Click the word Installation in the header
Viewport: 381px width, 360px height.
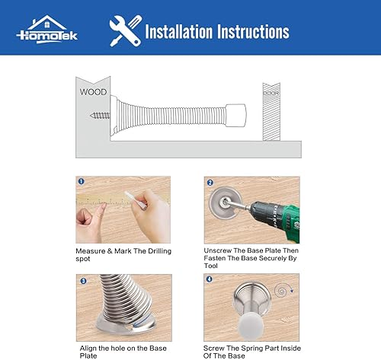point(182,31)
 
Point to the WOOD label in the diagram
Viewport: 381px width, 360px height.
point(93,93)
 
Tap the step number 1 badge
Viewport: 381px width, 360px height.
point(80,182)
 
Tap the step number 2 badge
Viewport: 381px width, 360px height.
point(209,183)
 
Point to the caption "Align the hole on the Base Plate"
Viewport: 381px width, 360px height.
point(123,351)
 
